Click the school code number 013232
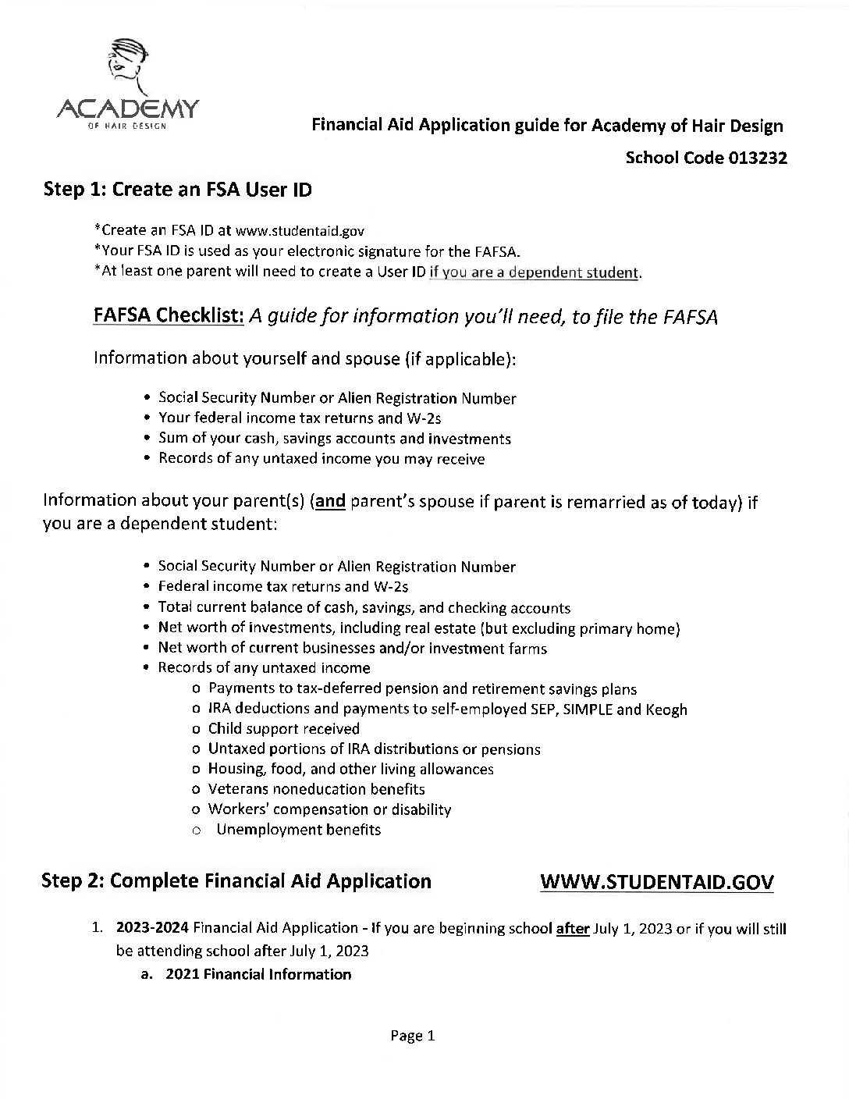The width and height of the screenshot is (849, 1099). click(x=758, y=158)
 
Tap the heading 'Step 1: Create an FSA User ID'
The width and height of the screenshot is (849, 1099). click(x=179, y=189)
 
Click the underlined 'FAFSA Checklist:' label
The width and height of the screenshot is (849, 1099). click(x=169, y=315)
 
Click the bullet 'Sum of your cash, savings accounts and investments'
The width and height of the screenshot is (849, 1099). click(x=334, y=438)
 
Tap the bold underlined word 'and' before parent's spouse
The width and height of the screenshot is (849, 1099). click(x=329, y=501)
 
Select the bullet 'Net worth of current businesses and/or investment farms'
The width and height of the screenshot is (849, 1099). click(x=352, y=648)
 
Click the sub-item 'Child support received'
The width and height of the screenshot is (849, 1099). click(x=283, y=728)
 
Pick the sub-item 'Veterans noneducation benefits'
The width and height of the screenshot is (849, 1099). click(x=316, y=789)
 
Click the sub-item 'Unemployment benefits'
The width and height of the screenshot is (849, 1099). click(x=298, y=830)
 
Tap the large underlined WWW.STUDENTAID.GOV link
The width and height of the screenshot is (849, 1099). click(x=657, y=882)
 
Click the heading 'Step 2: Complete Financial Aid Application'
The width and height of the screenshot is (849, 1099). click(x=236, y=881)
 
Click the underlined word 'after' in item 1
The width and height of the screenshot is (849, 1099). click(x=572, y=929)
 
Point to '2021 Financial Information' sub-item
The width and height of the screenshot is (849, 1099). click(x=258, y=974)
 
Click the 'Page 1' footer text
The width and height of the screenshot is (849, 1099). click(x=412, y=1036)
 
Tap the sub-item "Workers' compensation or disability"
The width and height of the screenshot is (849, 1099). click(x=329, y=809)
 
